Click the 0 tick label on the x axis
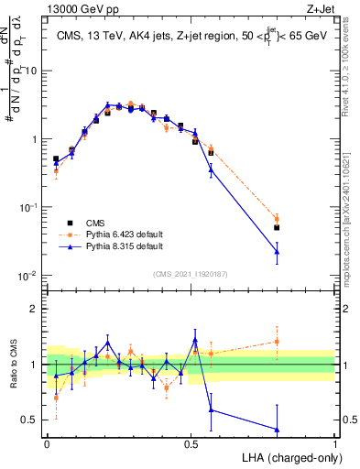[47, 443]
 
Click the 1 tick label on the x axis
[334, 443]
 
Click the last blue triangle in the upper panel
[277, 251]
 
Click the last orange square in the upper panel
[277, 220]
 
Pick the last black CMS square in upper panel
[277, 227]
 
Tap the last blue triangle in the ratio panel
[277, 429]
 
